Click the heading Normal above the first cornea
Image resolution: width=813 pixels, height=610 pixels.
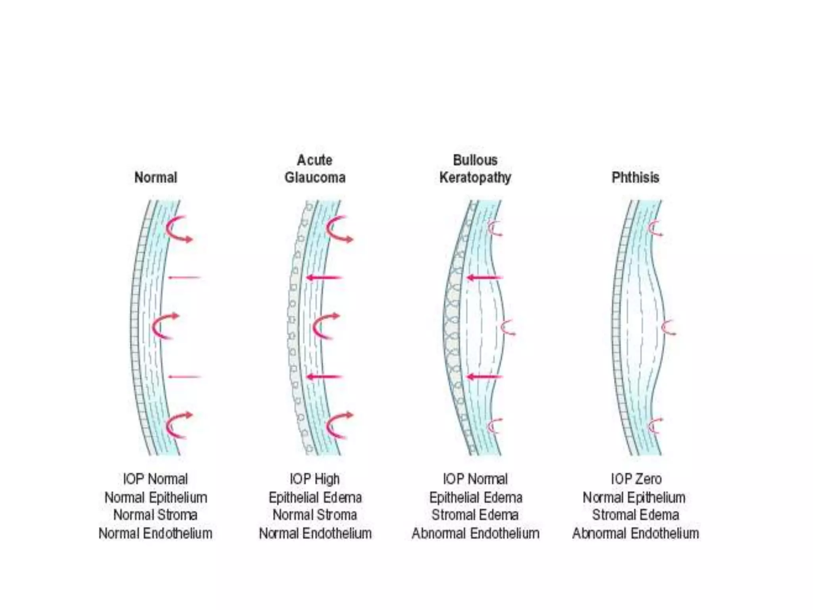point(156,177)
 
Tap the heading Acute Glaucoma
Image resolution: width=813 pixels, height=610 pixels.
point(315,169)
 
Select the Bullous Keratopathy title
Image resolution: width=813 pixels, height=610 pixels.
point(475,169)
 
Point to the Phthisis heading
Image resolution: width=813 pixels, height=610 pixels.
point(635,177)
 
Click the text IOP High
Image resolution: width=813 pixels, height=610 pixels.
point(315,479)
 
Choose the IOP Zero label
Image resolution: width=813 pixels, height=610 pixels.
point(636,479)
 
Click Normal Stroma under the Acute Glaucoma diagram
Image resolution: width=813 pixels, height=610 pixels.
point(315,515)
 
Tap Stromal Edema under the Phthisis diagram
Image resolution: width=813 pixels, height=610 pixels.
point(635,515)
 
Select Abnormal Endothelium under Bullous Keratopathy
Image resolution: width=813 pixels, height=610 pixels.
point(475,533)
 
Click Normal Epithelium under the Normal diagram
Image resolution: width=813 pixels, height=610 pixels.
point(156,497)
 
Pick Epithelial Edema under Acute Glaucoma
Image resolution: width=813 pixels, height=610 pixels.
point(315,497)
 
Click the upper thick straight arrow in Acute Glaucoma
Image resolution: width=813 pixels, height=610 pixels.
point(324,278)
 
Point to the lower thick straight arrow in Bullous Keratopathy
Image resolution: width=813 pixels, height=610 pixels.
point(484,377)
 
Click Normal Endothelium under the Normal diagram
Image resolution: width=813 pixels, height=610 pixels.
point(156,533)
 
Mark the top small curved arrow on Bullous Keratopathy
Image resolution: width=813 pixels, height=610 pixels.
point(495,229)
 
